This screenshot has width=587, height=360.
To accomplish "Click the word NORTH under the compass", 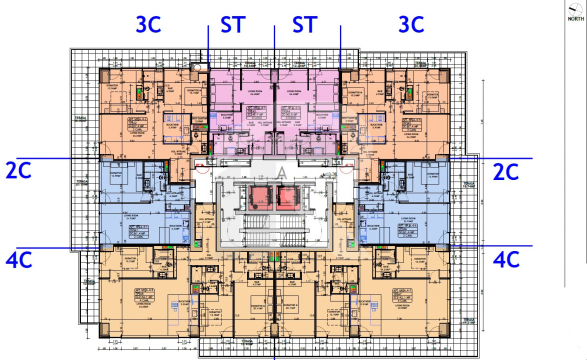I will [x=575, y=19].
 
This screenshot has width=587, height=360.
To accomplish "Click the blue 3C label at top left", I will [x=148, y=24].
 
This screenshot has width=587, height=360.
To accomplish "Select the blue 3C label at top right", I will [x=411, y=24].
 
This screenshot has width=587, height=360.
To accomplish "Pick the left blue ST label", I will [x=233, y=24].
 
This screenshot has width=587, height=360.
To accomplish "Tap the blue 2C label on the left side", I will [x=18, y=171].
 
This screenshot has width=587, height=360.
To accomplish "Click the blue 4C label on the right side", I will [x=506, y=259].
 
